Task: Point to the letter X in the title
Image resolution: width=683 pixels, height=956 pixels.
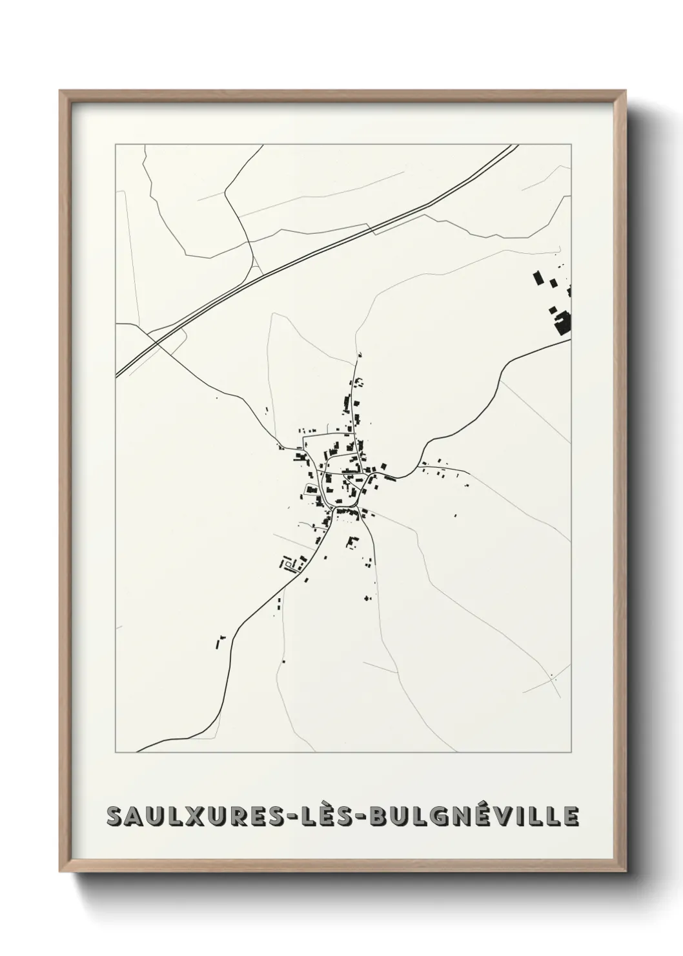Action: (196, 816)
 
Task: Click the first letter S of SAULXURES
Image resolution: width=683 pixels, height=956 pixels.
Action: (116, 816)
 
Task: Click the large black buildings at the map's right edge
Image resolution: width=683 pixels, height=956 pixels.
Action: (562, 321)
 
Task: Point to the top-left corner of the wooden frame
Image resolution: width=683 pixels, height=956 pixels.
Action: (62, 92)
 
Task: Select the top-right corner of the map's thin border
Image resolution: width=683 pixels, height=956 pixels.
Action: (571, 144)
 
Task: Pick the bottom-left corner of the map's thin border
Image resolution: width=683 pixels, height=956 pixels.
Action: (116, 753)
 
